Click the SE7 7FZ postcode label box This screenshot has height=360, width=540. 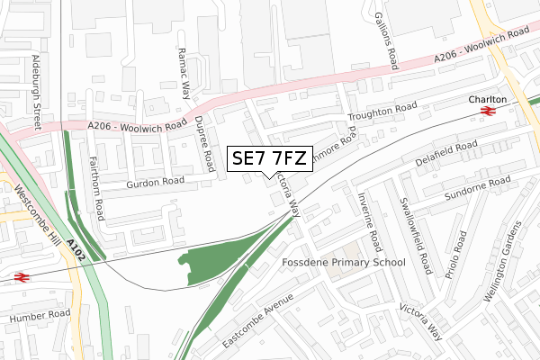coord(270,158)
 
